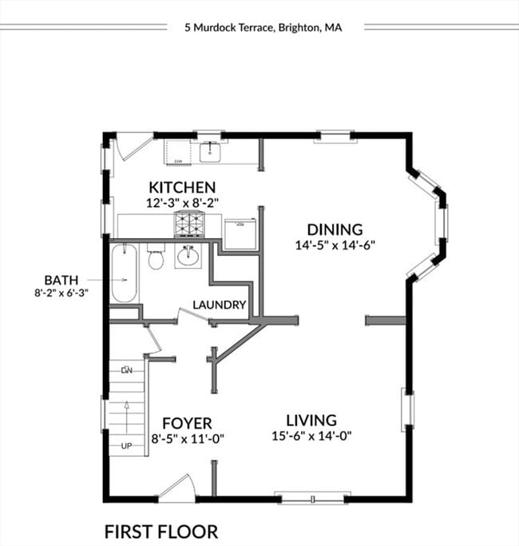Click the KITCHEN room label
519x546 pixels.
pos(181,187)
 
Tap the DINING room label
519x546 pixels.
pos(335,229)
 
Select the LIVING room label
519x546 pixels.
pos(311,420)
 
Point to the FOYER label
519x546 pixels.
pos(187,423)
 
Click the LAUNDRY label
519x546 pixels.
pos(219,305)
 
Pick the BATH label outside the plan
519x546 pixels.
pos(61,280)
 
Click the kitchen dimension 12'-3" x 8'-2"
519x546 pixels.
pos(181,203)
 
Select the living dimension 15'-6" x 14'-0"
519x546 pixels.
pos(311,436)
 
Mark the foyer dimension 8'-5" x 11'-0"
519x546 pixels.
pos(187,438)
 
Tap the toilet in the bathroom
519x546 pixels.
pos(156,258)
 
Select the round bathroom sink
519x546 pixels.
pos(188,257)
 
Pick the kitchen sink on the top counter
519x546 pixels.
pos(210,149)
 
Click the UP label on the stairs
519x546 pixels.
pos(126,446)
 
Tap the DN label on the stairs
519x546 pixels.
pos(126,370)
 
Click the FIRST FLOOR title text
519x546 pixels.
pos(160,531)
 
